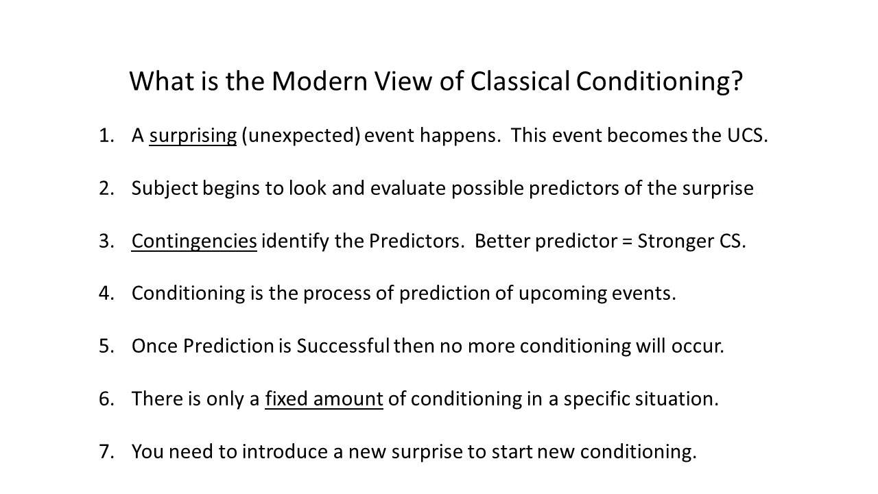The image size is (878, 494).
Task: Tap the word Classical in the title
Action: [520, 82]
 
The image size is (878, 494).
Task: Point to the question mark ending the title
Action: [737, 81]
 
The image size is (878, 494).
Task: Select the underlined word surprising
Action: [193, 136]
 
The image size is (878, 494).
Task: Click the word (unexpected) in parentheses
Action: [301, 136]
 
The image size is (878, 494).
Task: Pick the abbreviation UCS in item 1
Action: [747, 135]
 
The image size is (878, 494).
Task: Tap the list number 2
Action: [106, 188]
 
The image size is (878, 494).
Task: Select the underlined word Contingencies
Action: [194, 241]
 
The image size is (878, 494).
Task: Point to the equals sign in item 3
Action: [627, 241]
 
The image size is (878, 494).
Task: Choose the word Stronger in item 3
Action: [676, 242]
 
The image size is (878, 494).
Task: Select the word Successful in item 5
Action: [343, 346]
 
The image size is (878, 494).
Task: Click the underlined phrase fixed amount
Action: [324, 399]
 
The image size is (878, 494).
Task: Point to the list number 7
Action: [106, 451]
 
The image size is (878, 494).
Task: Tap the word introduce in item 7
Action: [285, 451]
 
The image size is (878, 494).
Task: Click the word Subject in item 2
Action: [165, 189]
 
